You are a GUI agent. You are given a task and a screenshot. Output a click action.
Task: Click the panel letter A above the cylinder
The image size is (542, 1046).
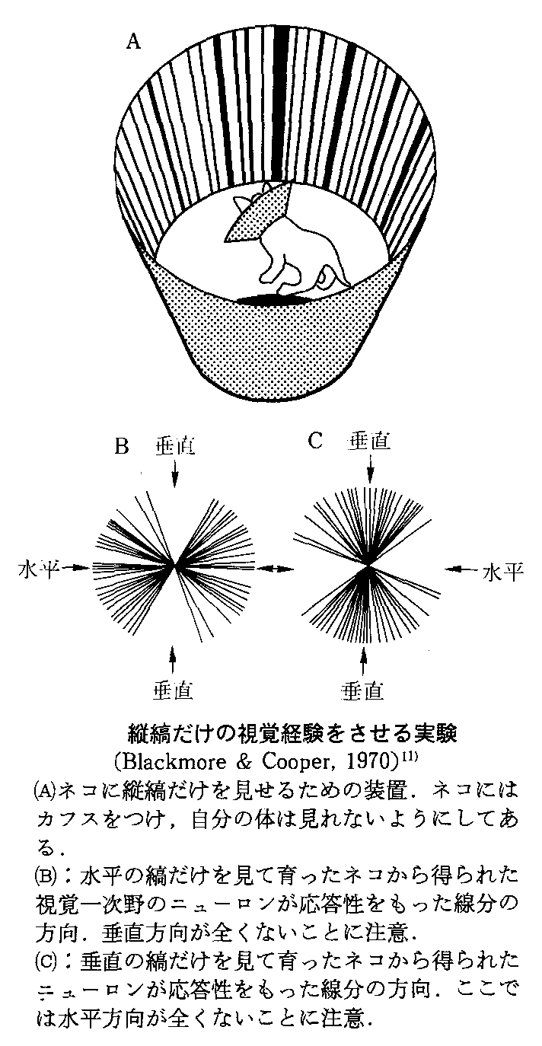pyautogui.click(x=133, y=43)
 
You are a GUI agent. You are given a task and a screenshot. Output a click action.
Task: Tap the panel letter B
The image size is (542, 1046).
pyautogui.click(x=121, y=447)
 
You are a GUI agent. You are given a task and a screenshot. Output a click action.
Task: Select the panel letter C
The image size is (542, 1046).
pyautogui.click(x=316, y=441)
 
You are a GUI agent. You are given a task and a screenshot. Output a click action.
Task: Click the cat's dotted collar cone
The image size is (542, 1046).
pyautogui.click(x=258, y=212)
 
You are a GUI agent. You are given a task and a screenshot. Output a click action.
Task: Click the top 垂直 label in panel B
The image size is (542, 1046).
pyautogui.click(x=174, y=446)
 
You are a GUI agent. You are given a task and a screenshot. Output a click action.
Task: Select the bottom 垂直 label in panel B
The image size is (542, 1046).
pyautogui.click(x=174, y=690)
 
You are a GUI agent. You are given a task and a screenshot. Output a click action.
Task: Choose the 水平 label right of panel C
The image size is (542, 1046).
pyautogui.click(x=502, y=572)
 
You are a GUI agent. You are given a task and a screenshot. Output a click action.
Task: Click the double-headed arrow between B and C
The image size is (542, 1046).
pyautogui.click(x=275, y=568)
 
